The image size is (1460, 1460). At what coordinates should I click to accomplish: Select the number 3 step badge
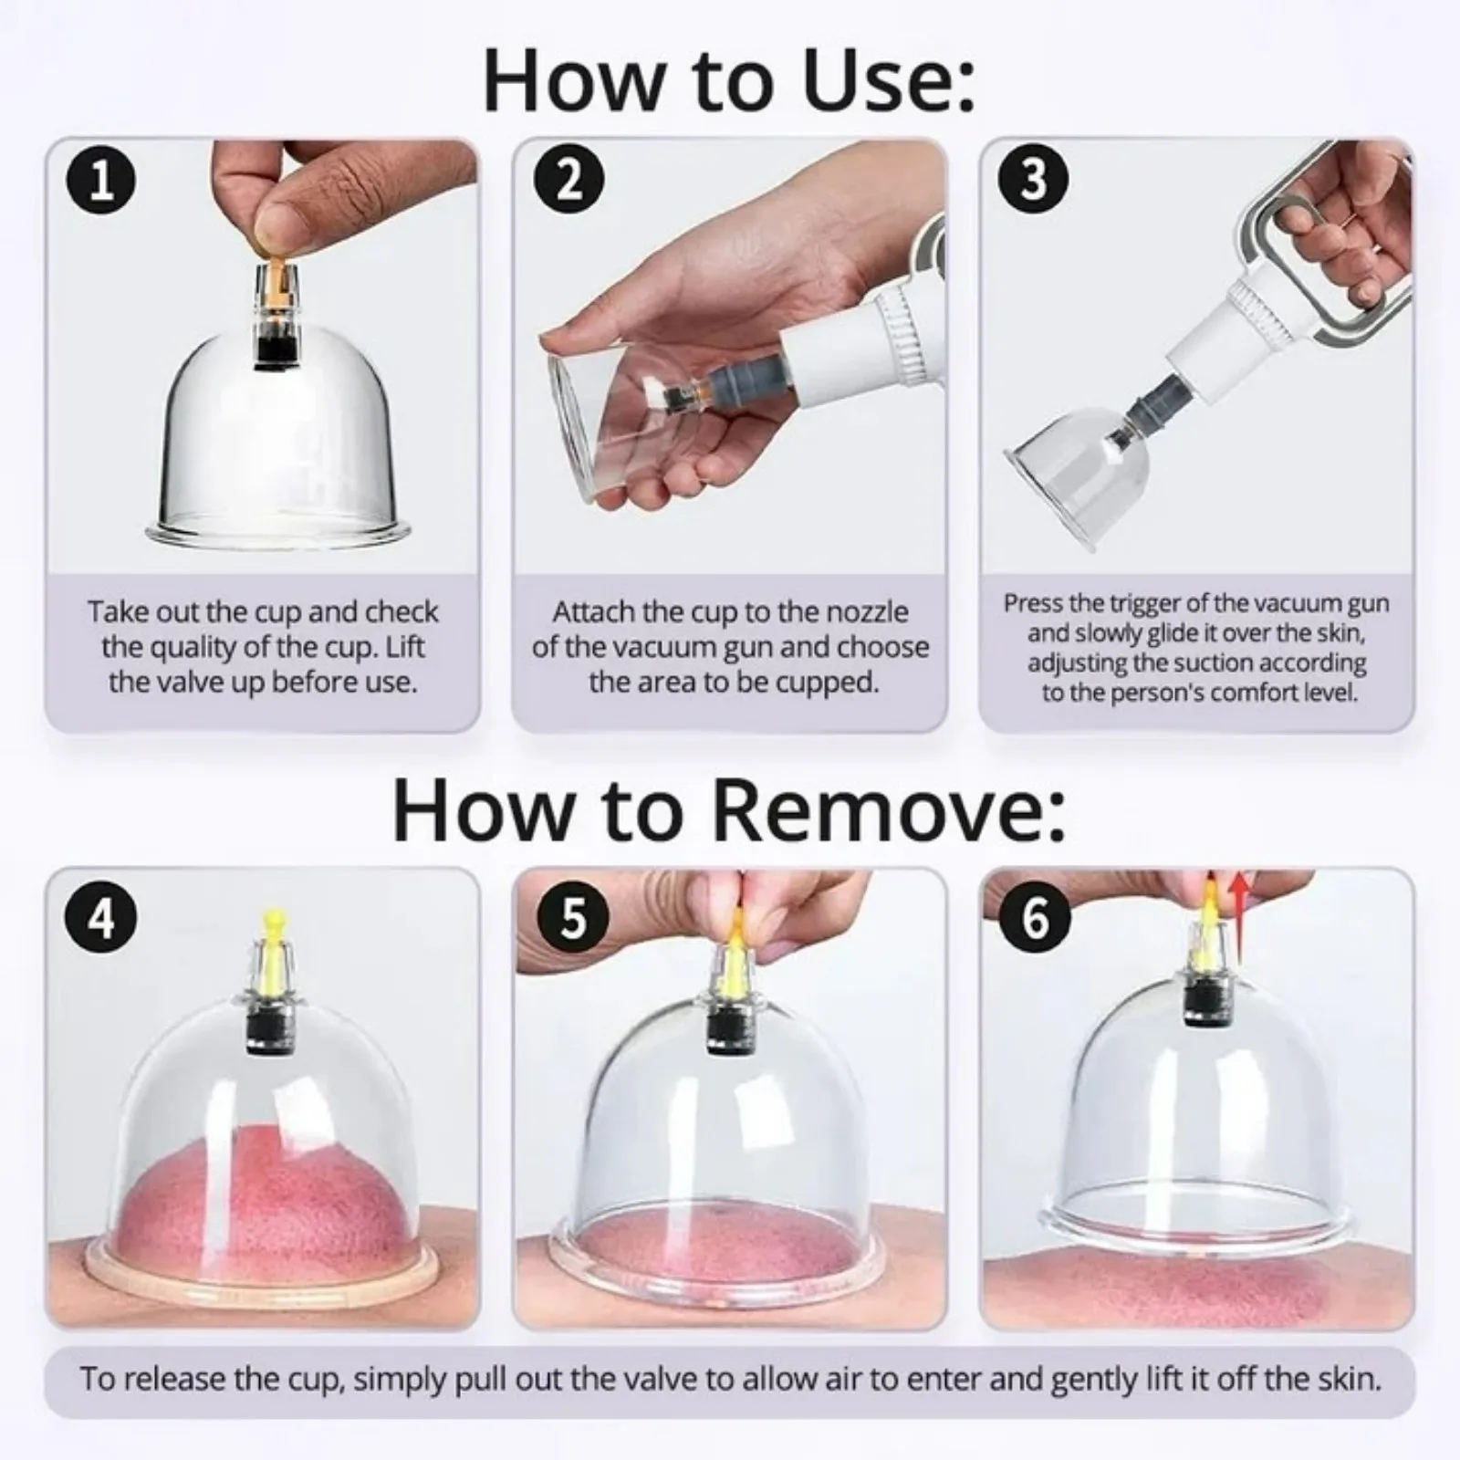point(1034,180)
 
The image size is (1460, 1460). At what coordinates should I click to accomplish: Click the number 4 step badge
point(102,914)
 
